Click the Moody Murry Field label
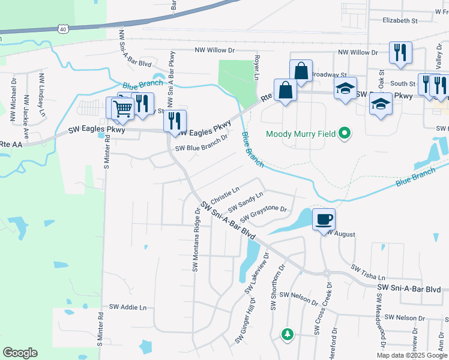pyautogui.click(x=300, y=134)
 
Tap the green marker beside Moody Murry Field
pyautogui.click(x=344, y=133)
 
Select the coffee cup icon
pyautogui.click(x=324, y=218)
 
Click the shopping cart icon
pyautogui.click(x=122, y=109)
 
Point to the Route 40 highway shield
pyautogui.click(x=63, y=28)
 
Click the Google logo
pyautogui.click(x=20, y=352)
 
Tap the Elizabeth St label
pyautogui.click(x=400, y=20)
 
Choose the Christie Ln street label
pyautogui.click(x=224, y=194)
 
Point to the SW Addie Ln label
pyautogui.click(x=127, y=307)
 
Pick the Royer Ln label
pyautogui.click(x=256, y=68)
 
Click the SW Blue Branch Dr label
pyautogui.click(x=202, y=148)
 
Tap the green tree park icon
pyautogui.click(x=288, y=334)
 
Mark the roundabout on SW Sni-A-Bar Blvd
pyautogui.click(x=327, y=273)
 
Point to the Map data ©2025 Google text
pyautogui.click(x=411, y=355)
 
